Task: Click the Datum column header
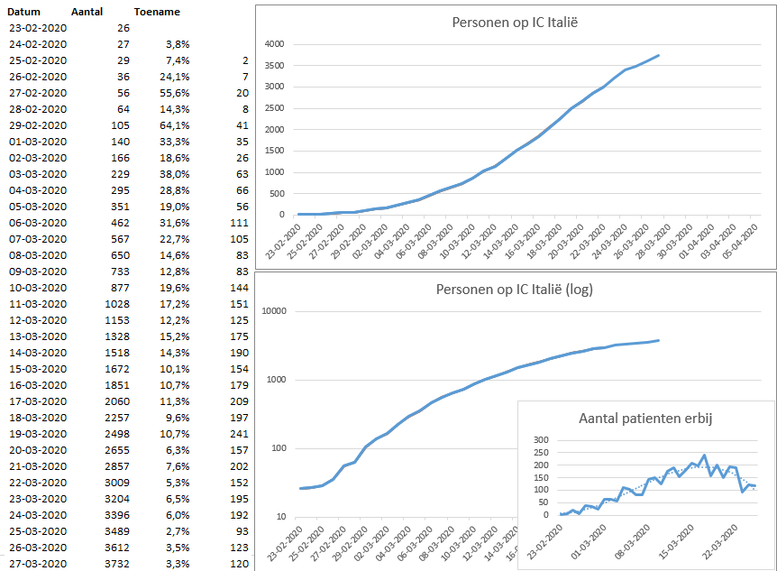point(26,13)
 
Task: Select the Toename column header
point(156,13)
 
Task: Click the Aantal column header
point(87,13)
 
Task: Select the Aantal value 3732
point(116,563)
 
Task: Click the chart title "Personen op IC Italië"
point(515,22)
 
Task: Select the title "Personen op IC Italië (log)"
point(515,290)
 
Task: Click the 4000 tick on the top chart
point(274,44)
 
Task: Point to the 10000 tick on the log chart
point(271,311)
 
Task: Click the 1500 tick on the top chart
point(274,151)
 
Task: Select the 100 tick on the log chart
point(277,448)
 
